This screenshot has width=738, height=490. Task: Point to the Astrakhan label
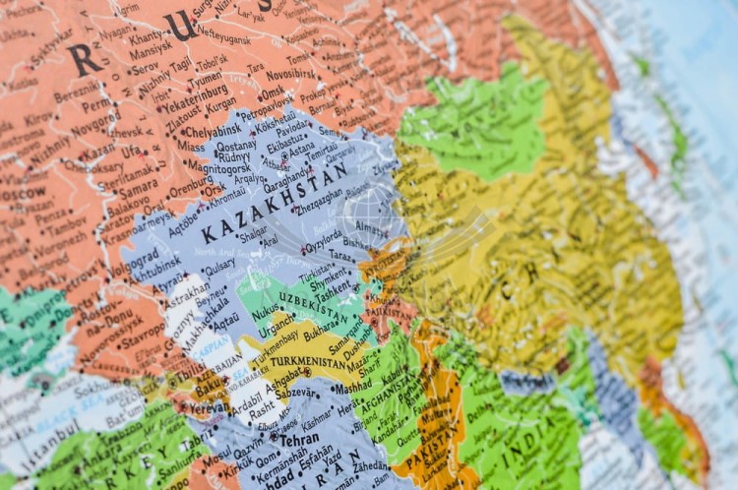(x=187, y=291)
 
